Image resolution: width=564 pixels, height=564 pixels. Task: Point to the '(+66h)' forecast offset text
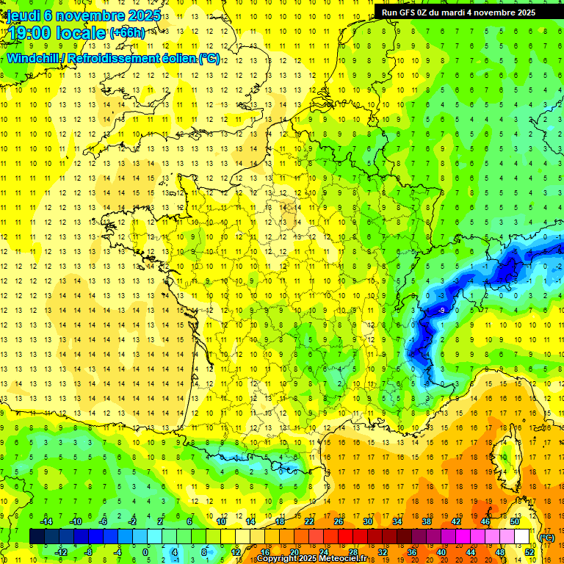(126, 32)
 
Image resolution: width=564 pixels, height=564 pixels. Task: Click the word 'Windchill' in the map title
(32, 58)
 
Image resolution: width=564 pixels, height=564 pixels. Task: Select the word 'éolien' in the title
(176, 58)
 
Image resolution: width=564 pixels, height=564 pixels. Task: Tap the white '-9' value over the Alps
(441, 311)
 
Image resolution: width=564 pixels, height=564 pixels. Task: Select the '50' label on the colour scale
(514, 521)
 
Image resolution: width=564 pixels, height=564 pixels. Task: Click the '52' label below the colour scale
(529, 552)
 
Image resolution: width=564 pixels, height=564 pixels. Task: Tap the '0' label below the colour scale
(145, 552)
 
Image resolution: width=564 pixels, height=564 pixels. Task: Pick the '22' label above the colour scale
(309, 521)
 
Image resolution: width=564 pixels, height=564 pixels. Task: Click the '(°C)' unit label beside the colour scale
(546, 537)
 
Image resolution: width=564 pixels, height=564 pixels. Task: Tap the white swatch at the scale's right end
(521, 537)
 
